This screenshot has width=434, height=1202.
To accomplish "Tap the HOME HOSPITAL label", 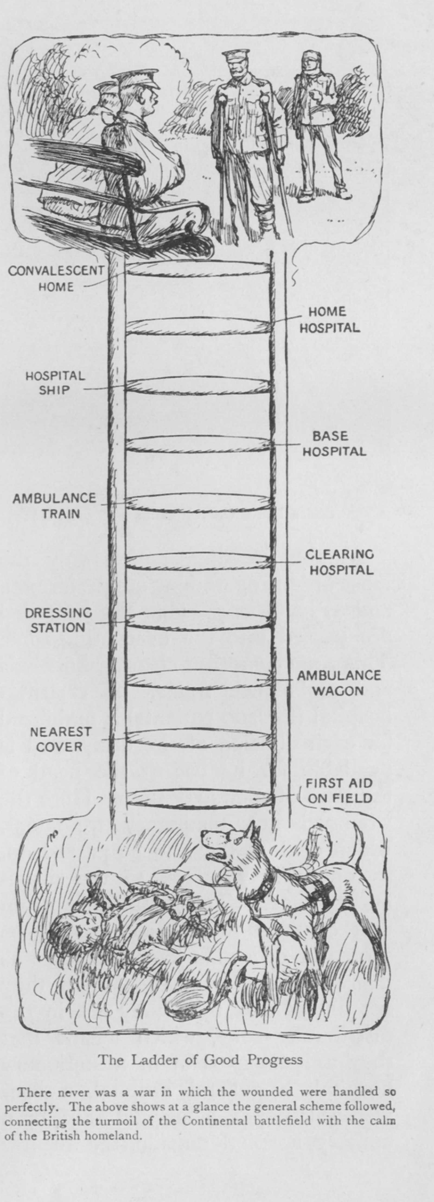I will point(330,320).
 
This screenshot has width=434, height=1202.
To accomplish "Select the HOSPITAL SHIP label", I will point(55,383).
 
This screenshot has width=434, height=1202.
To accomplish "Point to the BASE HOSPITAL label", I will point(334,443).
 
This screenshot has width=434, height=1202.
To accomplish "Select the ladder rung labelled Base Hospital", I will point(198,444).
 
